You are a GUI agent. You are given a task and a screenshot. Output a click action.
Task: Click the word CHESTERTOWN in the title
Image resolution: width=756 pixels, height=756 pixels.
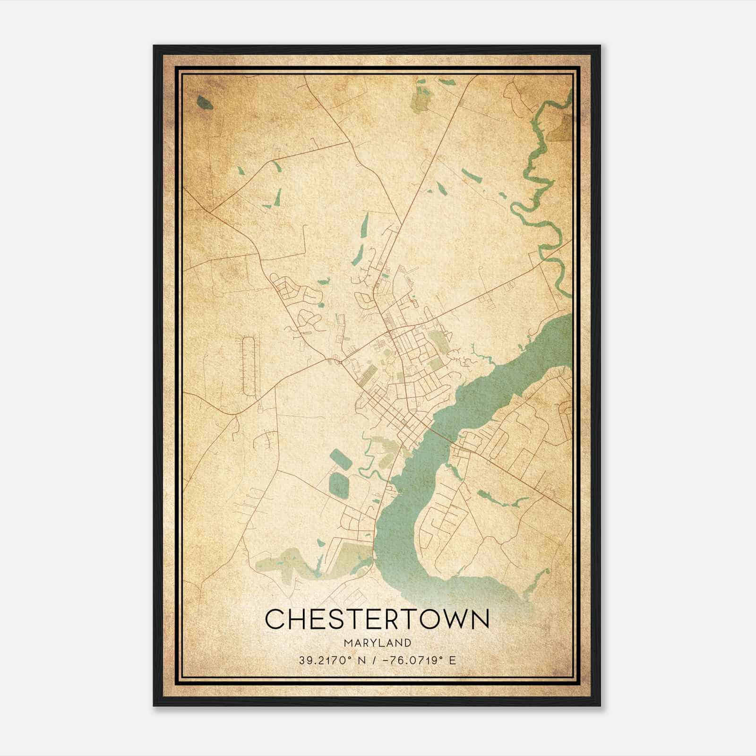378,619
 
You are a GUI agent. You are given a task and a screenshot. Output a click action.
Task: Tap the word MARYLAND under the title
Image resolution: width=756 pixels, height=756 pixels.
378,643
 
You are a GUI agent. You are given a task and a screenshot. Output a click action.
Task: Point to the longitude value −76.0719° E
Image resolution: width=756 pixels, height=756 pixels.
415,660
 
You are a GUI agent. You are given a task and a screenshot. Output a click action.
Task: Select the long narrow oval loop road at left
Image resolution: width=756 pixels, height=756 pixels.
249,366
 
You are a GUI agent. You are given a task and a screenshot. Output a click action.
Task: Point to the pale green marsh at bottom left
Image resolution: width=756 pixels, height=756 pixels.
283,562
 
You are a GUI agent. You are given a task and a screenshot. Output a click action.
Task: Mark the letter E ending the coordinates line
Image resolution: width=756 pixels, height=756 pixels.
453,660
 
